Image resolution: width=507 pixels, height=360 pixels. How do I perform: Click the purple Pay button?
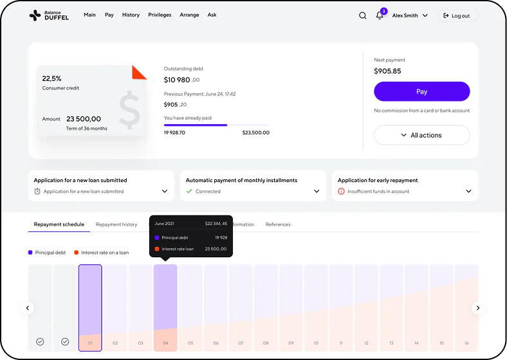point(421,91)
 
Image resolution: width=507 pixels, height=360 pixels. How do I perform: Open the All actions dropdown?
point(421,135)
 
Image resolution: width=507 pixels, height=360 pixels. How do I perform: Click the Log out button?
point(457,15)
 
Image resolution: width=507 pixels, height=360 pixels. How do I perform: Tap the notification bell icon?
point(380,15)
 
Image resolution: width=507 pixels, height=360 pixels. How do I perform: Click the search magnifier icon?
point(362,15)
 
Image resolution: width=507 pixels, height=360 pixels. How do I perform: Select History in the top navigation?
point(131,15)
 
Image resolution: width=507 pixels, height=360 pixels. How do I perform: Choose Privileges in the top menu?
point(160,15)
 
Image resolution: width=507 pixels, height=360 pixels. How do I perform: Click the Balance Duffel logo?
point(49,15)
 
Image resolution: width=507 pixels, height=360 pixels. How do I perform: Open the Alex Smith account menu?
point(410,15)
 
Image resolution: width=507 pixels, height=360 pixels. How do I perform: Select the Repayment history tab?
point(116,224)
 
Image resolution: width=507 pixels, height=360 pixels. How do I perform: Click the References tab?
point(278,224)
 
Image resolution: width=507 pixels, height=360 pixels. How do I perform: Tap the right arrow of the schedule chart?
point(478,308)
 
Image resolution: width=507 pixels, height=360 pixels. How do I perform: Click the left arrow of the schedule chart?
point(28,308)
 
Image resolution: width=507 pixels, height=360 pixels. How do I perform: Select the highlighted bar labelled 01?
point(90,308)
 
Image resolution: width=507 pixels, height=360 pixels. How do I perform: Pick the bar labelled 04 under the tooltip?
point(165,308)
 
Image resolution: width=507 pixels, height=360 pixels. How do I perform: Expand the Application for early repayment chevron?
point(468,192)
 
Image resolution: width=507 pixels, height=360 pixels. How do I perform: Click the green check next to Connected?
point(189,192)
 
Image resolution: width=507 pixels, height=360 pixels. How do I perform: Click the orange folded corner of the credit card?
point(138,73)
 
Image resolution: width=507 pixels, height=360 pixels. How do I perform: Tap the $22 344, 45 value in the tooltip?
point(216,224)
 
